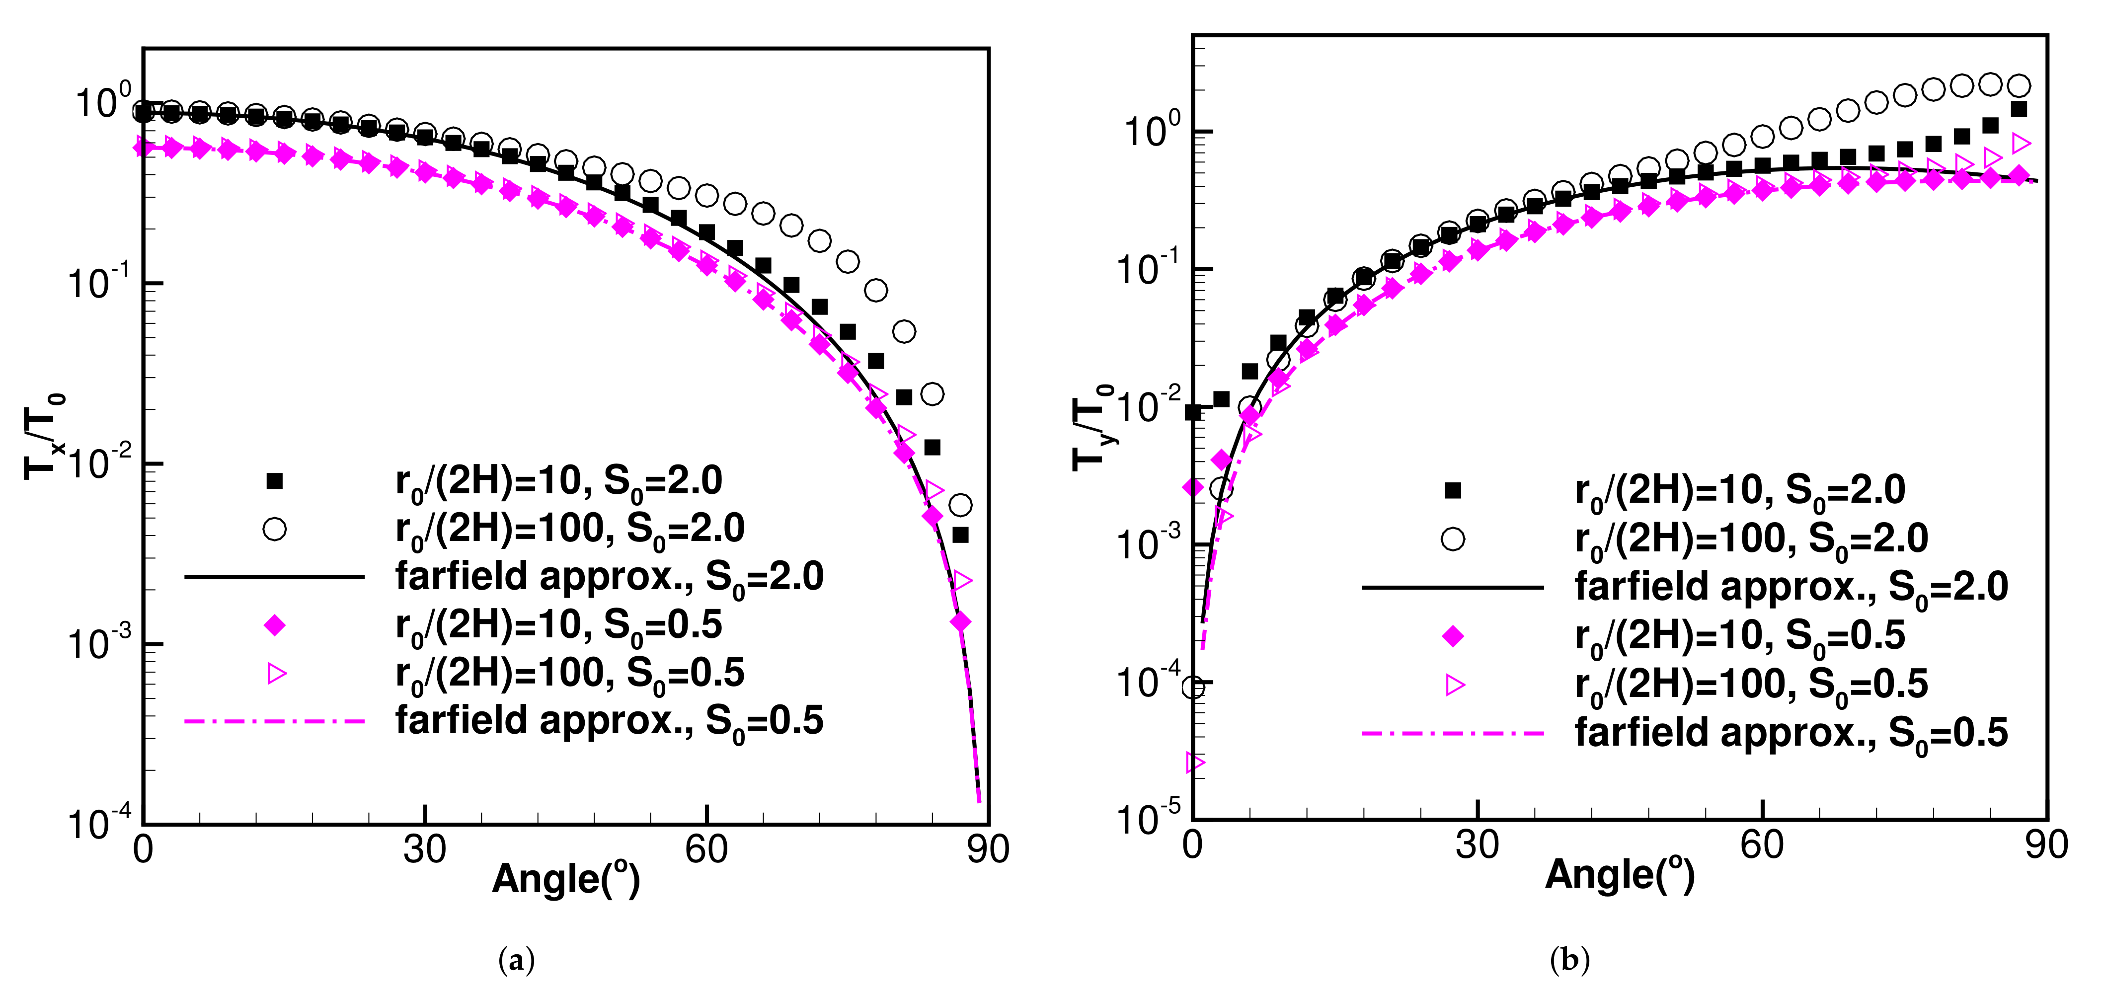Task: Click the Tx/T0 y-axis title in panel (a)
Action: [x=44, y=436]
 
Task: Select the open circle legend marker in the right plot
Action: [x=1452, y=539]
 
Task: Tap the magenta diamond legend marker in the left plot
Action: [x=274, y=625]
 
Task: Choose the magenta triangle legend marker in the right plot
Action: [x=1454, y=685]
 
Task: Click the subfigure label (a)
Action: [x=516, y=960]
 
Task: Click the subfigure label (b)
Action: [x=1569, y=960]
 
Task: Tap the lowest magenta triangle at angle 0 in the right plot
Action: [x=1194, y=763]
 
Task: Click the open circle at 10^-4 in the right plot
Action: [x=1193, y=688]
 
